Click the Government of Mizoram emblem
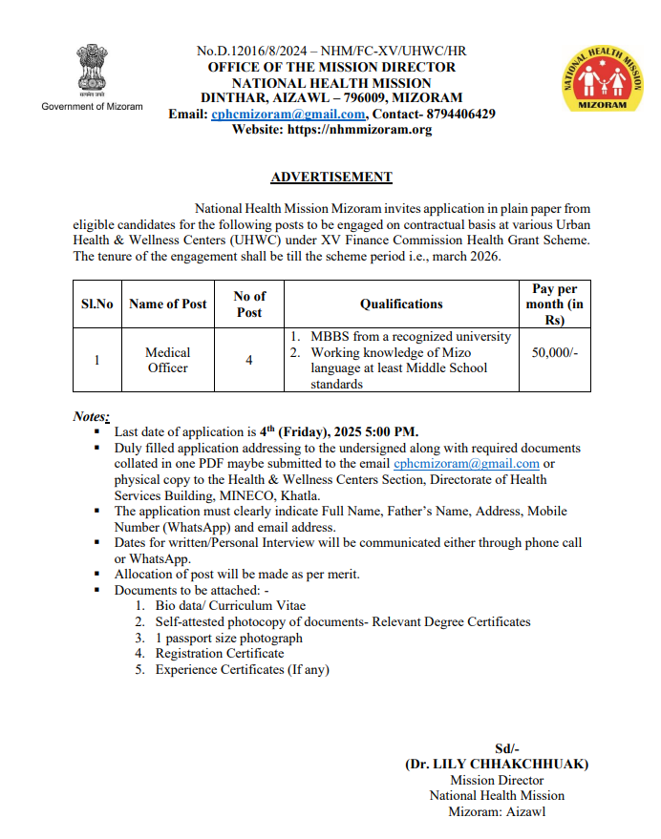click(x=92, y=67)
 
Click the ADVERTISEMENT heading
click(x=331, y=177)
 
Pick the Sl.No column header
click(x=96, y=304)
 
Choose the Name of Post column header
click(x=167, y=304)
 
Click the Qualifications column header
click(x=401, y=304)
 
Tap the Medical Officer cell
click(x=167, y=360)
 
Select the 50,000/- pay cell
click(x=554, y=352)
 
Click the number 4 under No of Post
click(x=248, y=361)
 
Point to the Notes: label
click(x=92, y=416)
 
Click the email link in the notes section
click(x=467, y=464)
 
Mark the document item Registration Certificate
click(x=220, y=654)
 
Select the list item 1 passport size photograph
click(x=228, y=638)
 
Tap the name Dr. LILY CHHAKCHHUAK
click(x=497, y=764)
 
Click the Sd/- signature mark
click(x=504, y=748)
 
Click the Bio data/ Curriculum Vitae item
click(x=230, y=605)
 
